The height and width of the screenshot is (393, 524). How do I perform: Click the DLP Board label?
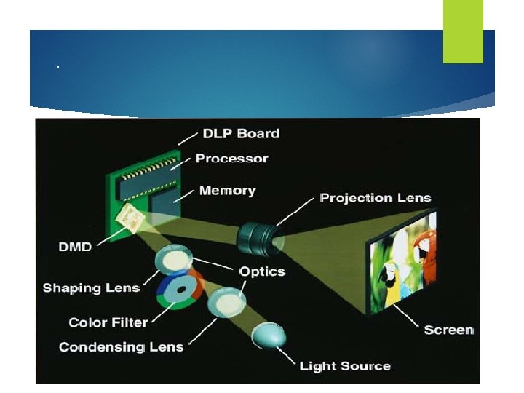[x=240, y=133]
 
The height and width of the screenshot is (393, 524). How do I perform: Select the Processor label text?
[x=231, y=159]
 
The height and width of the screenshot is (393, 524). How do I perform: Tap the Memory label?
[x=227, y=191]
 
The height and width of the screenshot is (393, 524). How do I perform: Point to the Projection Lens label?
[x=376, y=197]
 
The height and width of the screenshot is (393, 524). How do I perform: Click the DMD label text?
[x=74, y=247]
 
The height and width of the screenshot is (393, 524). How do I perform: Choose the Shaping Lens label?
[x=91, y=288]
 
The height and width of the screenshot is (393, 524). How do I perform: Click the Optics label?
[x=262, y=271]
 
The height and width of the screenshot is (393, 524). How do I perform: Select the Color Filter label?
[x=108, y=322]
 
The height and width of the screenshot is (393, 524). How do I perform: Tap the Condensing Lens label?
[x=121, y=346]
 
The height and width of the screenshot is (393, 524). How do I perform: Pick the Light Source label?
[x=345, y=366]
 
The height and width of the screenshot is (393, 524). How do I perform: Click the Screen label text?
[x=448, y=330]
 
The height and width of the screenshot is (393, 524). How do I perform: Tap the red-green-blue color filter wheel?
[x=179, y=289]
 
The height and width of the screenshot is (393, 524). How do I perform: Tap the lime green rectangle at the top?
[x=463, y=31]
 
